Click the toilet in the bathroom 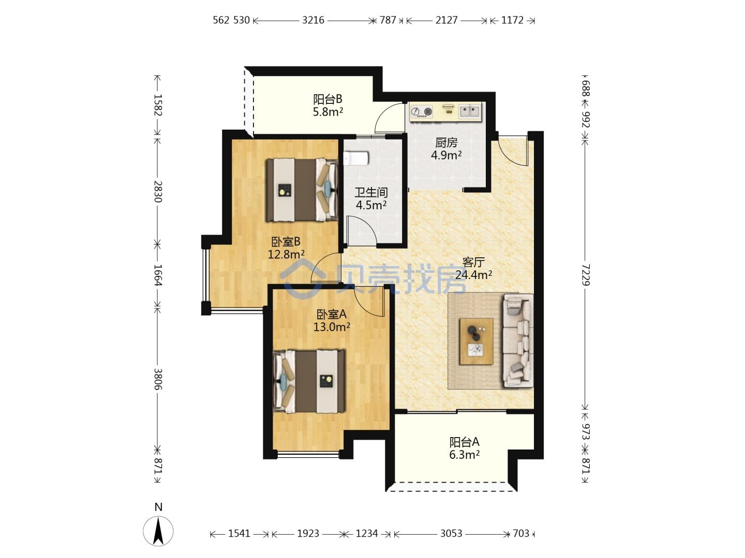pos(356,159)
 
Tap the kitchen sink pos(469,111)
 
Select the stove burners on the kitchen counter pos(422,111)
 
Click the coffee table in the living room pos(476,341)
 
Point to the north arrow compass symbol pos(158,531)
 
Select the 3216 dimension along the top pos(314,20)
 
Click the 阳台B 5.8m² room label pos(327,105)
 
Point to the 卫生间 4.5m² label pos(371,198)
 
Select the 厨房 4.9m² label pos(446,149)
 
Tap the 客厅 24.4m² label pos(473,268)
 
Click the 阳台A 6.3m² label pos(464,448)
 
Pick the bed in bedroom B pos(302,190)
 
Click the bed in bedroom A pos(309,381)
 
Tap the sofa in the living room pos(518,340)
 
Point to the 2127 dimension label pos(446,20)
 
